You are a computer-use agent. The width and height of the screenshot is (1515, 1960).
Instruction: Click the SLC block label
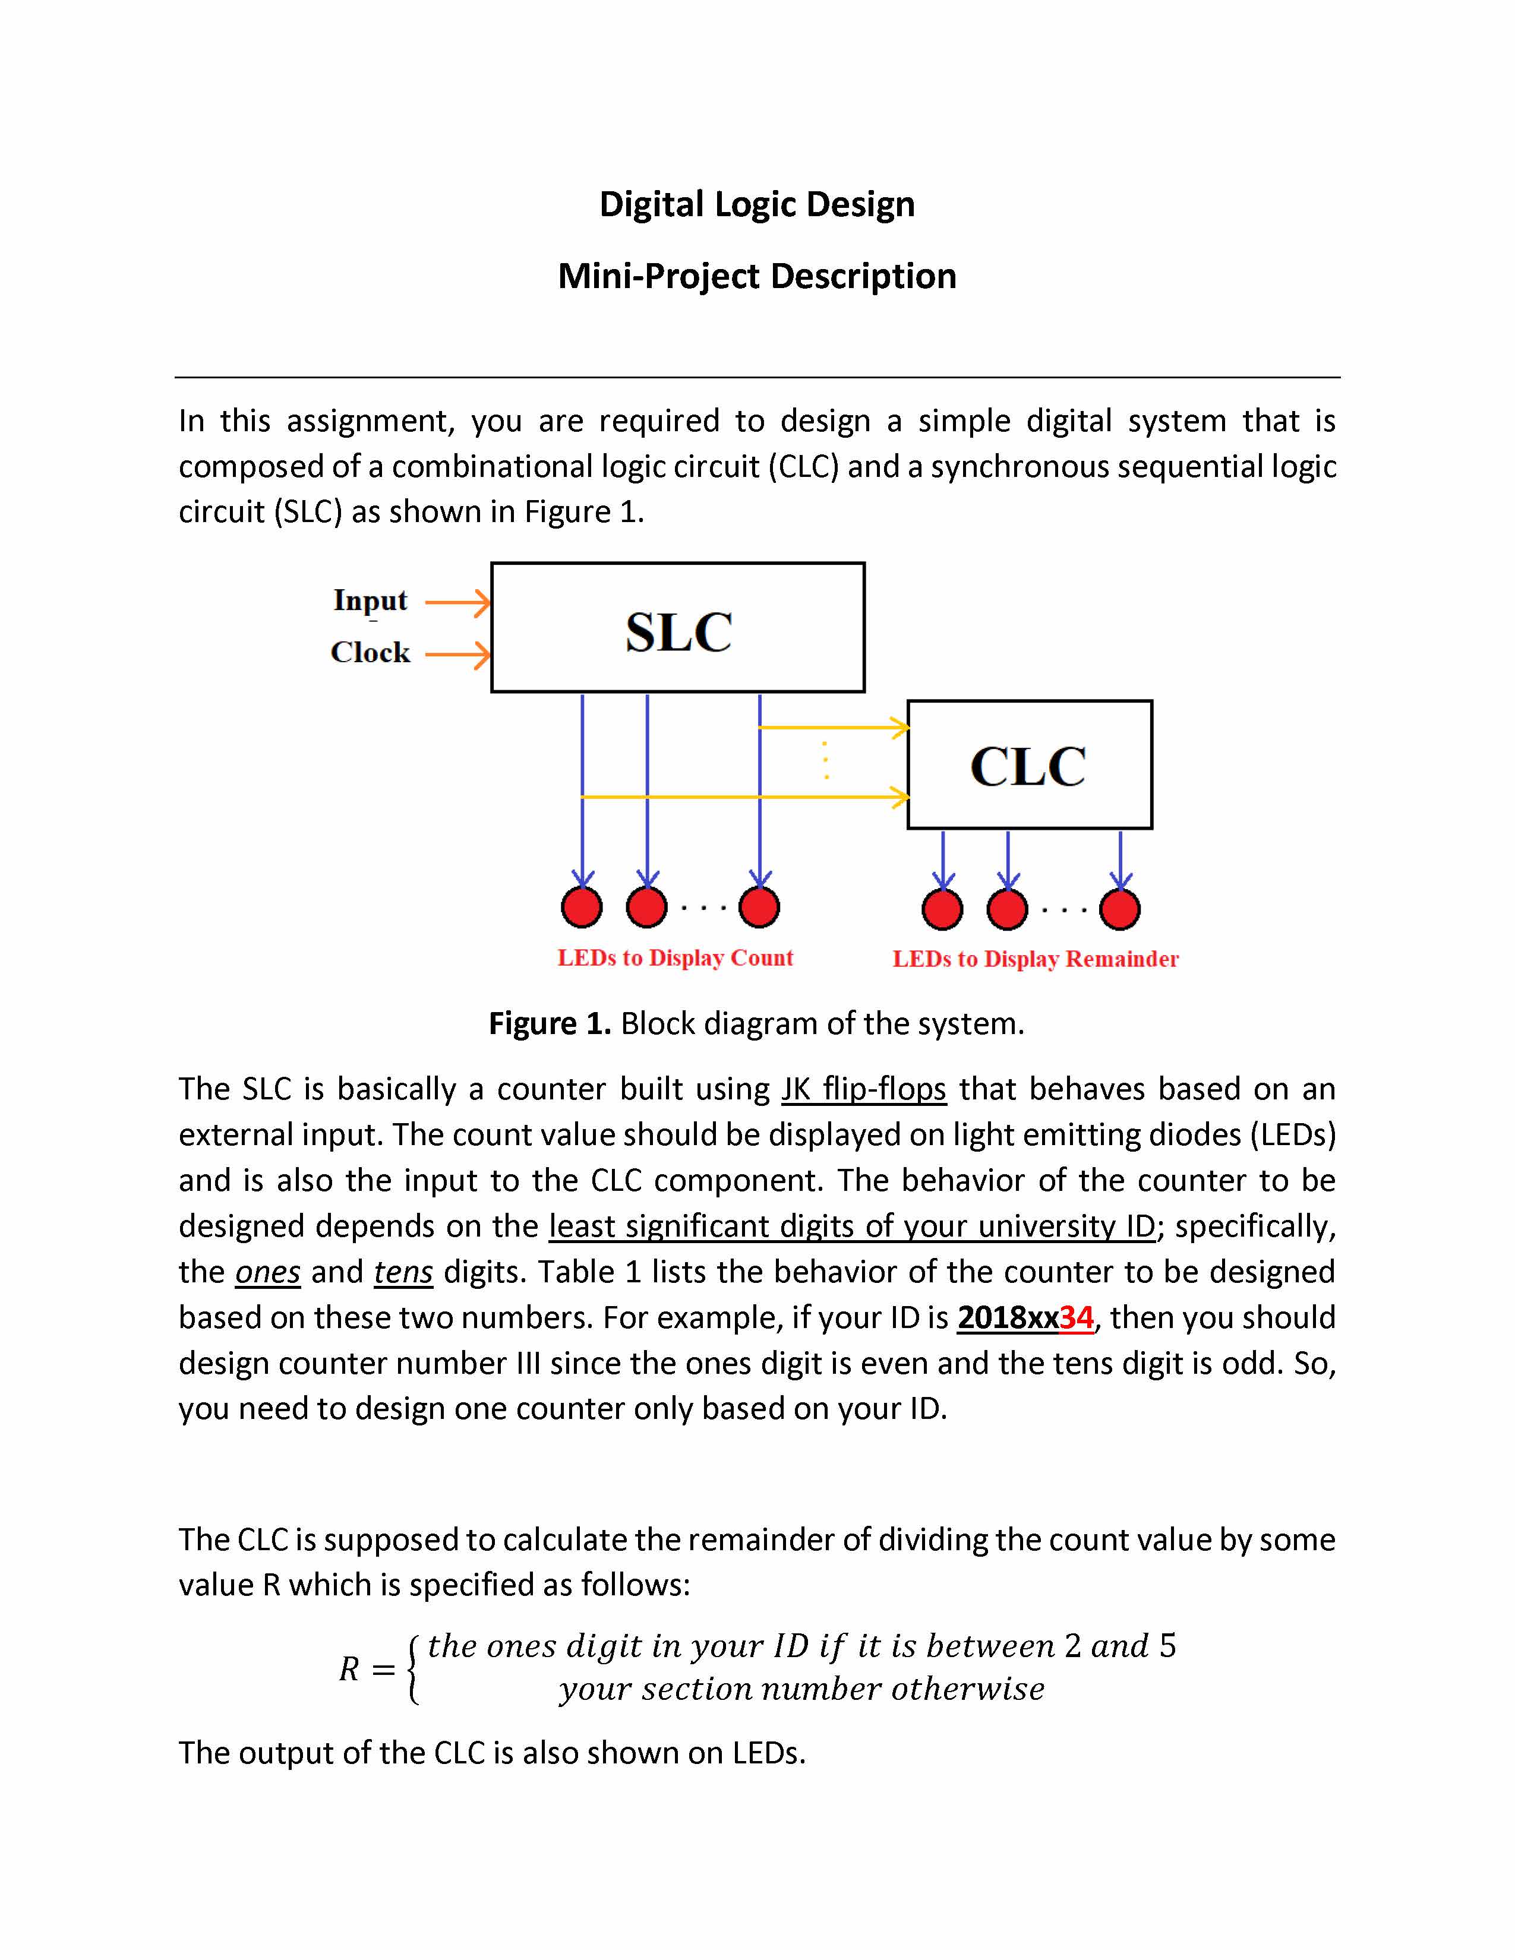click(x=678, y=632)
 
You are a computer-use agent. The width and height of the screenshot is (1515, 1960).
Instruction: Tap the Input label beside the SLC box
click(x=370, y=599)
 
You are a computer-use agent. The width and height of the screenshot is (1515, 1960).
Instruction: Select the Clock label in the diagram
click(x=370, y=652)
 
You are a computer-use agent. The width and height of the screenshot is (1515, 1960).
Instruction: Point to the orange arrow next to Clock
click(x=457, y=655)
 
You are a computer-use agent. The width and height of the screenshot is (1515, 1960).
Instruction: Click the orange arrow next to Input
click(x=457, y=603)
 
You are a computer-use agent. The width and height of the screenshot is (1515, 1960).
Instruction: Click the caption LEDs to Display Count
click(x=675, y=957)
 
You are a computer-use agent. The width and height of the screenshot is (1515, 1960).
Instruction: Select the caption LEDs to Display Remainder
click(x=1035, y=959)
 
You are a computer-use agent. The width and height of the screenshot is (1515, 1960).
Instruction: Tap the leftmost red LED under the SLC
click(x=582, y=908)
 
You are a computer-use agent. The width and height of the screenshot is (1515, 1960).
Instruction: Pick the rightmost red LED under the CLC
click(x=1120, y=909)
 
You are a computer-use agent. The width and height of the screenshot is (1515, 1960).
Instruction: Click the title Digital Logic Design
click(x=756, y=205)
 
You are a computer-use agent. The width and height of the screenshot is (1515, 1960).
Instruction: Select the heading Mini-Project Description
click(x=756, y=276)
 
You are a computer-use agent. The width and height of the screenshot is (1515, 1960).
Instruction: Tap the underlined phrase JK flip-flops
click(x=863, y=1089)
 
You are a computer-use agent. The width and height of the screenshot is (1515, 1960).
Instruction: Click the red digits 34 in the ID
click(x=1076, y=1317)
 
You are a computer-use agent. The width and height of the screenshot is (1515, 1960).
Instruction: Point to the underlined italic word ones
click(x=267, y=1272)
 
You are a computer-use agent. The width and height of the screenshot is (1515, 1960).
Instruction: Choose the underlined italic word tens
click(x=403, y=1272)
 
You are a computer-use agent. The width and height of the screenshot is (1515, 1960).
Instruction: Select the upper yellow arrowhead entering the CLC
click(x=899, y=727)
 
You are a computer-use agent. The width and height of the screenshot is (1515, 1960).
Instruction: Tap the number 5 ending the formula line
click(x=1167, y=1646)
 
